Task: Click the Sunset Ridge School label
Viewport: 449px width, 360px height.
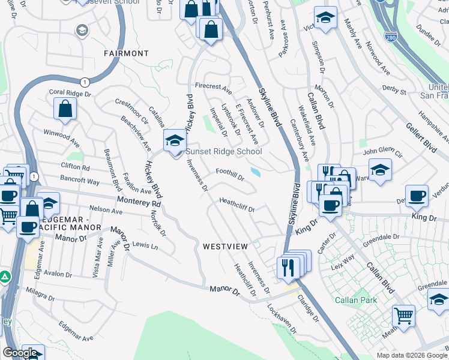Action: tap(224, 152)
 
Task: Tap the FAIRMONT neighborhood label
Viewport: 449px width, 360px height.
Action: tap(126, 53)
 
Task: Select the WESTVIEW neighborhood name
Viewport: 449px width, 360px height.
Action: tap(225, 247)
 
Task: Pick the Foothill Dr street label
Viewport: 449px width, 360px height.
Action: tap(231, 174)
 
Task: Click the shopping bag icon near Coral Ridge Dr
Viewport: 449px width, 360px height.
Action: tap(65, 109)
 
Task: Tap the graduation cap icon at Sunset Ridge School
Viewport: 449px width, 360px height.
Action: tap(175, 140)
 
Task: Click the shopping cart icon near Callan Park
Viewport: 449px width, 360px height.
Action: tap(403, 314)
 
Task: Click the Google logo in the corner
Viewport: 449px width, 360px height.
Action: tap(20, 353)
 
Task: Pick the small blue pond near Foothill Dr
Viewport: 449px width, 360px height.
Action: tap(256, 173)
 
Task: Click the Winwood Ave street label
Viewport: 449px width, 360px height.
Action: tap(61, 137)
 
